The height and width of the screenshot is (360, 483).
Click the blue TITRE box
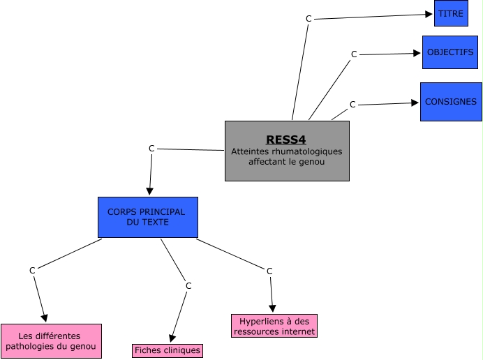(451, 13)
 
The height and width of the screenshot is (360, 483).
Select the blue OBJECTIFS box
(449, 52)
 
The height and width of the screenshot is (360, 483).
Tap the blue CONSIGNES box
(451, 102)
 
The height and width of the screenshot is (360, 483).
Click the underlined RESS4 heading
(286, 139)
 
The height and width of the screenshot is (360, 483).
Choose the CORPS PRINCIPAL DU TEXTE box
(147, 217)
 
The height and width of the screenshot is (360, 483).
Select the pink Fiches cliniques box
(167, 350)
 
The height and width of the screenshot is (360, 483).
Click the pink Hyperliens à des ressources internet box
(274, 326)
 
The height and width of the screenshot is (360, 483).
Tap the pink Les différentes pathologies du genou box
(51, 341)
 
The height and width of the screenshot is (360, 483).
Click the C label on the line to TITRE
(309, 18)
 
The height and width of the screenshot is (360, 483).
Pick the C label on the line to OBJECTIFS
(353, 54)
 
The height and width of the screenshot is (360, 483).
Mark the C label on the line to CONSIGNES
(352, 104)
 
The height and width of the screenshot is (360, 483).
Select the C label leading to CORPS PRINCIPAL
(151, 148)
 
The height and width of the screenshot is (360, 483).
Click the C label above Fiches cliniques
(188, 285)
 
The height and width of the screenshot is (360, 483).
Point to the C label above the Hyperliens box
(269, 271)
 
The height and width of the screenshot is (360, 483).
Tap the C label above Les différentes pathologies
(32, 270)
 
